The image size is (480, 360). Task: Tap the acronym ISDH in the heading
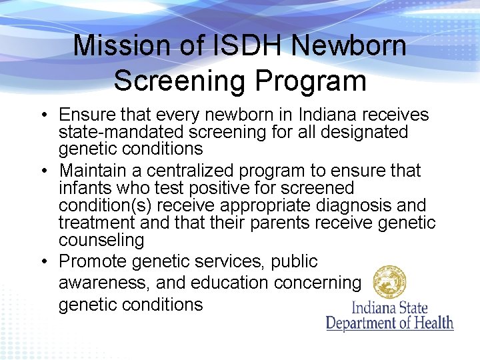(x=243, y=47)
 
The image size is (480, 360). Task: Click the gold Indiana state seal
(x=389, y=281)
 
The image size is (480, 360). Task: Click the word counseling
(x=101, y=240)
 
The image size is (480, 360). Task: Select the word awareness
(x=103, y=283)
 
